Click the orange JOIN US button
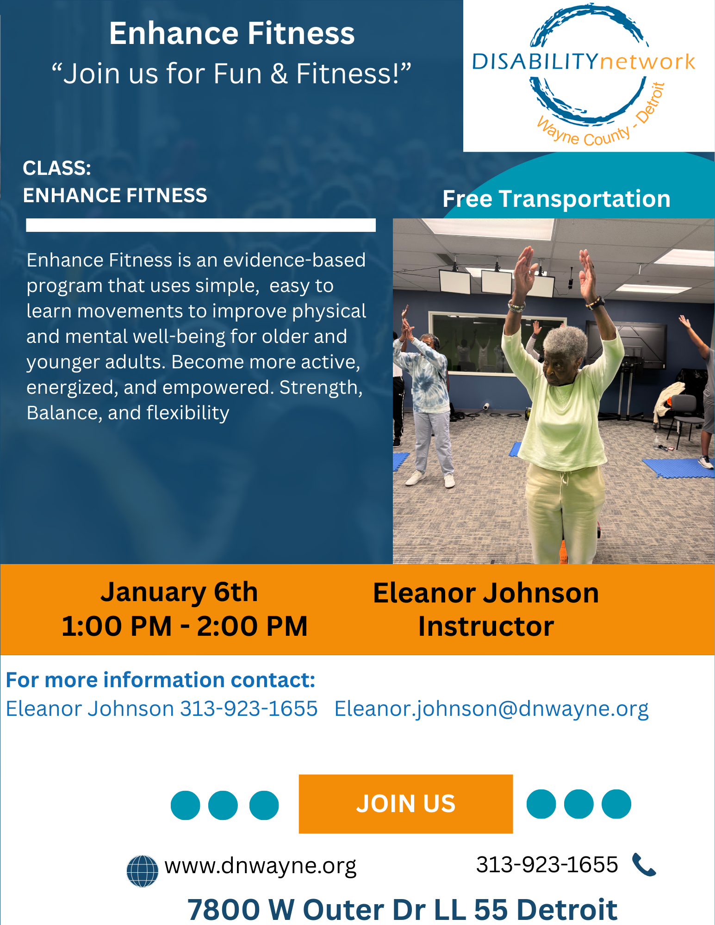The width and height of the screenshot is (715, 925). pyautogui.click(x=405, y=804)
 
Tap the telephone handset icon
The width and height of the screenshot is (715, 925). pyautogui.click(x=644, y=864)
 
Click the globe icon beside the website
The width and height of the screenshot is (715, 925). pyautogui.click(x=143, y=870)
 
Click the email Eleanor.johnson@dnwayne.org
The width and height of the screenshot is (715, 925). pyautogui.click(x=491, y=708)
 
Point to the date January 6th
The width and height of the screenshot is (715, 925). pyautogui.click(x=179, y=592)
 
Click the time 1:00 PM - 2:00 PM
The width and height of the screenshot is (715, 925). pyautogui.click(x=184, y=626)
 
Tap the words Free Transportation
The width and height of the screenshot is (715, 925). pyautogui.click(x=556, y=199)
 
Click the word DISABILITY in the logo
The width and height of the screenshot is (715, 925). pyautogui.click(x=535, y=62)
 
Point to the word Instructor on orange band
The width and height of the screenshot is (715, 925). pyautogui.click(x=486, y=626)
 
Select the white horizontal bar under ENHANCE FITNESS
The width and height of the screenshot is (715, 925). pyautogui.click(x=201, y=225)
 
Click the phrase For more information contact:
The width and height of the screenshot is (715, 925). pyautogui.click(x=160, y=680)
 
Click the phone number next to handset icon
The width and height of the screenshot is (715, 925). pyautogui.click(x=547, y=864)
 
